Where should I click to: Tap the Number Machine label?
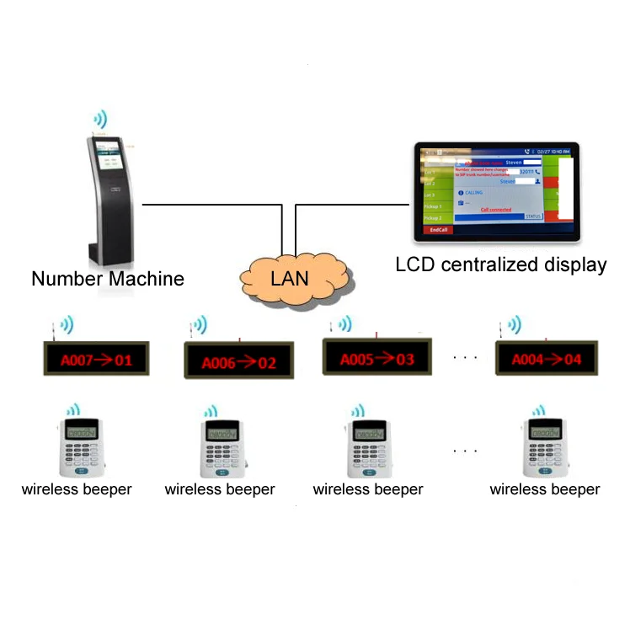tap(107, 278)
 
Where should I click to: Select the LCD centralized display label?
tap(500, 264)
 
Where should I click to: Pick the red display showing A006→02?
tap(238, 363)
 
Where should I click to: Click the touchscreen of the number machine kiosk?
tap(109, 159)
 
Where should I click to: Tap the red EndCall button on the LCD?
tap(438, 229)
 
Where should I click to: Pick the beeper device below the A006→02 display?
tap(222, 447)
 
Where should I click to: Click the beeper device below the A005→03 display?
tap(368, 446)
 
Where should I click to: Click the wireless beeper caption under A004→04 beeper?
tap(545, 489)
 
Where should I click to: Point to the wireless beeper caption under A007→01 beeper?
tap(77, 489)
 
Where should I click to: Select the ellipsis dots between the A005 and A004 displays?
tap(465, 358)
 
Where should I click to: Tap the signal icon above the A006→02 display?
tap(201, 324)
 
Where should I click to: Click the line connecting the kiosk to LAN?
tap(211, 204)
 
